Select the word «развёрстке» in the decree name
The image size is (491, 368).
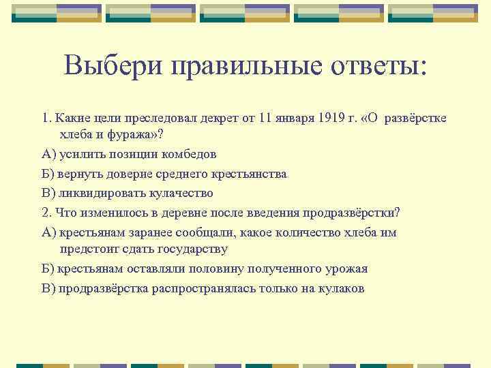(415, 117)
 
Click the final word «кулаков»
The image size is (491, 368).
(340, 288)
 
